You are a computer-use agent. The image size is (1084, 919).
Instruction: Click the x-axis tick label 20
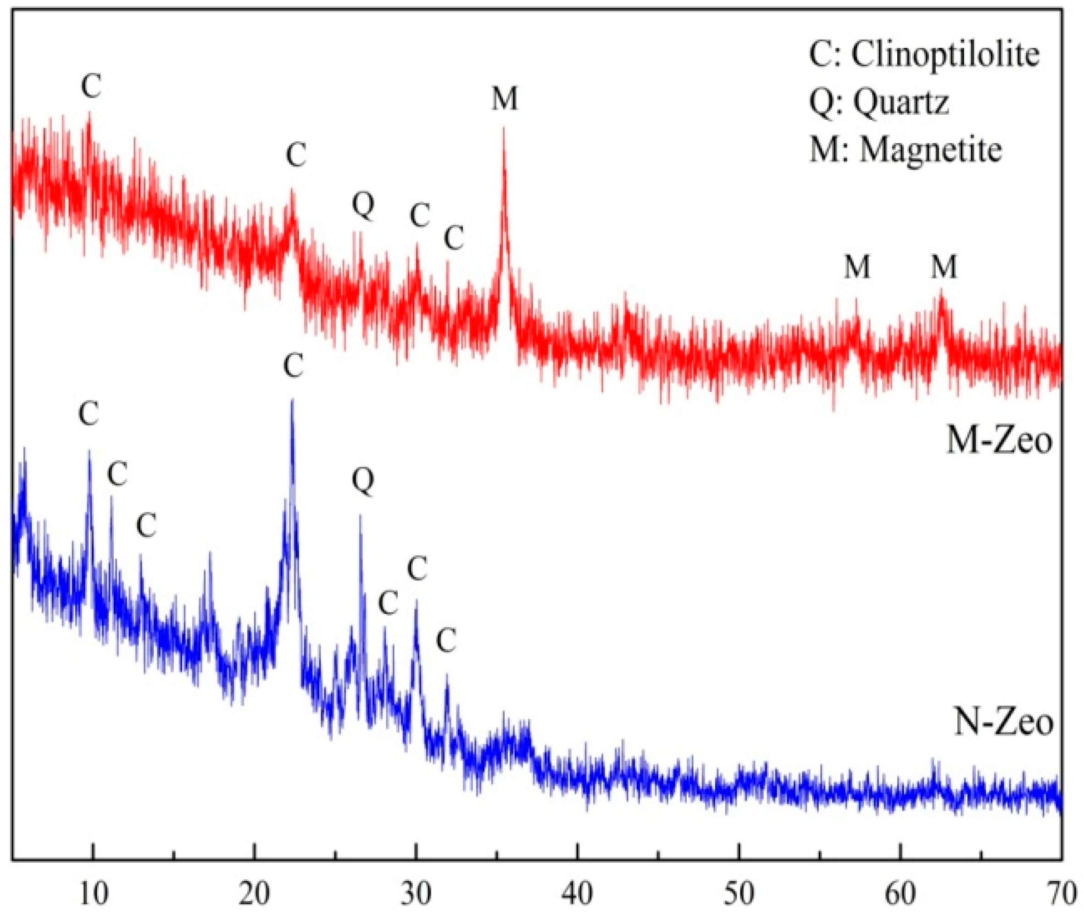click(255, 895)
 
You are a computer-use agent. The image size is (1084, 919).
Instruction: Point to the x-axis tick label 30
click(416, 895)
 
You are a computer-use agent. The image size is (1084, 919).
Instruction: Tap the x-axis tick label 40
click(578, 895)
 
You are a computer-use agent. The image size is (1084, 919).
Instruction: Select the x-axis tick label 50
click(739, 895)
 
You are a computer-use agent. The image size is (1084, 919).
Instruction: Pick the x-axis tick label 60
click(901, 895)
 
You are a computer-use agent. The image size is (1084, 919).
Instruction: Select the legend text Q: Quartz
click(879, 102)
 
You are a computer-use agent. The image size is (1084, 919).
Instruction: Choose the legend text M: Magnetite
click(906, 150)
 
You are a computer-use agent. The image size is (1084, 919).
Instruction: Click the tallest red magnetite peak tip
click(504, 128)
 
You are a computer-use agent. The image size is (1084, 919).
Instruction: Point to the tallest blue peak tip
click(292, 400)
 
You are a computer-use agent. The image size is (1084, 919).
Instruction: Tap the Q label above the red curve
click(363, 205)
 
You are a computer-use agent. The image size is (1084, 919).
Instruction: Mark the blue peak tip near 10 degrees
click(89, 451)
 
